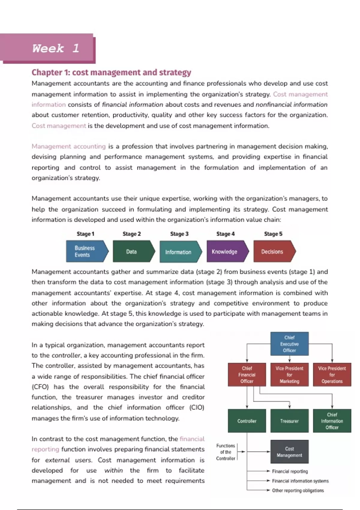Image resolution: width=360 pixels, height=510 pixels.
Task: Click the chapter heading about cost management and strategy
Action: pos(111,73)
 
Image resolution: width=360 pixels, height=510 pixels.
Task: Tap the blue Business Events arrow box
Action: pos(86,251)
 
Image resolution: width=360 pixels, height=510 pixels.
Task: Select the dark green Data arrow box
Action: pos(132,251)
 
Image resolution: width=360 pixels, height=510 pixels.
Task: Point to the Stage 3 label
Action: pos(179,234)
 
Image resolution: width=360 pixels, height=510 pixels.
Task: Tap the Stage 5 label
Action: pos(273,234)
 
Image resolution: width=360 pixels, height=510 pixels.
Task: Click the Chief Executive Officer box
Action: pos(289,344)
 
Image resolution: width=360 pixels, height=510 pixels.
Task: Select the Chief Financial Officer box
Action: pos(247,375)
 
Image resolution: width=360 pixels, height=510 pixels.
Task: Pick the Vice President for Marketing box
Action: pos(289,375)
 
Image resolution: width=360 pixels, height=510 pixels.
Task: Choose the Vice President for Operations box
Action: pos(332,375)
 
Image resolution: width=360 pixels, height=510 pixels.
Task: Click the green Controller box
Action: pos(247,421)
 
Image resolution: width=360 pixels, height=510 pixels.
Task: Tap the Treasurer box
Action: pos(289,421)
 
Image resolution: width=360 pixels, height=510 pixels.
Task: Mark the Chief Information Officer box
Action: pos(332,421)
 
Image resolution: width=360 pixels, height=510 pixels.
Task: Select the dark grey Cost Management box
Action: pos(289,452)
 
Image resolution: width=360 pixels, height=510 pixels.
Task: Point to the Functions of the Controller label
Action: pos(226,452)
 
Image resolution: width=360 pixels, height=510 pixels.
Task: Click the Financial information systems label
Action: pos(300,481)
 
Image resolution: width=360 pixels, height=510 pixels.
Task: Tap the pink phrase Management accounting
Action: pos(69,146)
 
